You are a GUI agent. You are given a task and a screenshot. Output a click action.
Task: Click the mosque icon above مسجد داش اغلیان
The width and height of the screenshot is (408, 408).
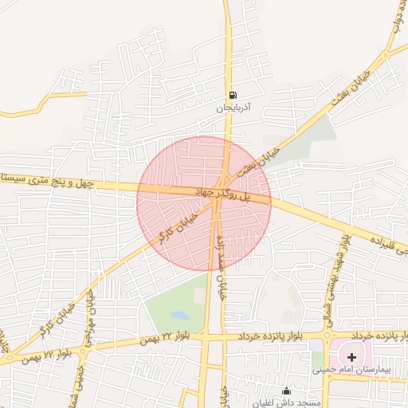(288, 391)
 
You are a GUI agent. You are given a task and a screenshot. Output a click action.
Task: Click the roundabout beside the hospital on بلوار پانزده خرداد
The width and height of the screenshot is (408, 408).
(326, 339)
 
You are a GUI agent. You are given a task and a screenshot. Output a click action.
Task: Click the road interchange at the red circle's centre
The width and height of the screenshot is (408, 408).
(217, 200)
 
